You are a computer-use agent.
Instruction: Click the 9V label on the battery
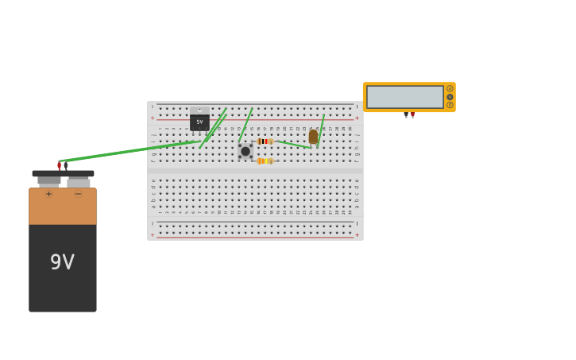62,262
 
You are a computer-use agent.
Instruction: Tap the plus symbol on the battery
48,194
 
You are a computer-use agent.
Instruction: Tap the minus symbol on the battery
78,194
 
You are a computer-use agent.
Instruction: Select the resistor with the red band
265,141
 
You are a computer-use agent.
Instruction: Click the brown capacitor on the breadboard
313,137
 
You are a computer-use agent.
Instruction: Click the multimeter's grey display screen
404,97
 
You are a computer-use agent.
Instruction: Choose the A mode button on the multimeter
450,89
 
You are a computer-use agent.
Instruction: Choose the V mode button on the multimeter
450,97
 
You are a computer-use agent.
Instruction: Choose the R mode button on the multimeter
450,105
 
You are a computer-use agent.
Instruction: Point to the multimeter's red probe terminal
412,116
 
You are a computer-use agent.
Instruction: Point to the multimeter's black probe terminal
406,116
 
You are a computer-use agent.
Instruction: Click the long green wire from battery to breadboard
127,151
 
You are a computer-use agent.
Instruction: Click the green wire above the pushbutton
245,125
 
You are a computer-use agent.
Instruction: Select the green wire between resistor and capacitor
293,145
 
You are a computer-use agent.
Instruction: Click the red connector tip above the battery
60,165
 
